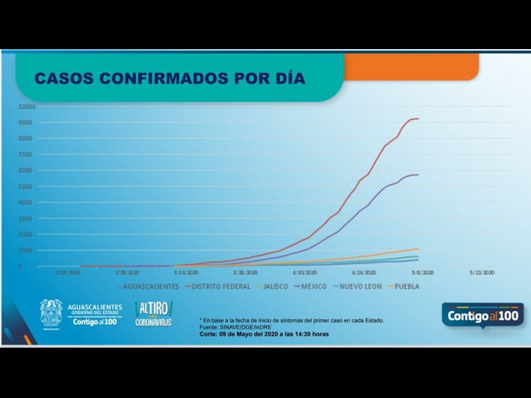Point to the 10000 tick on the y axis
click(x=27, y=106)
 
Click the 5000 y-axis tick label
click(x=28, y=186)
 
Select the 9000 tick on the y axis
click(x=28, y=122)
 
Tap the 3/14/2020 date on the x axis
click(x=186, y=273)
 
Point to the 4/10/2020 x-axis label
click(x=304, y=273)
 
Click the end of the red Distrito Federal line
click(x=417, y=119)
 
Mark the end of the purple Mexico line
click(x=417, y=175)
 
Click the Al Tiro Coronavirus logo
click(x=153, y=313)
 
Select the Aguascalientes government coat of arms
click(x=51, y=313)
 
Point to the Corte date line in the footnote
click(x=264, y=334)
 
